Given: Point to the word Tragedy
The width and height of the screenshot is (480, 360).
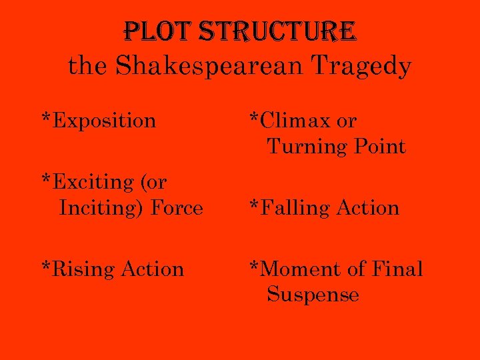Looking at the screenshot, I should click(363, 66).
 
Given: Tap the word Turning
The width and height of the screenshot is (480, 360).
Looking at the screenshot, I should click(299, 147).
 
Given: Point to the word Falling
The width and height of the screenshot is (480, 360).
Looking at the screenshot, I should click(296, 208).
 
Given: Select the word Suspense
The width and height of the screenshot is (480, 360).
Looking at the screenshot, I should click(313, 295).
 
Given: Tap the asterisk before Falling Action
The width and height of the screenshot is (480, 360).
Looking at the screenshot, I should click(253, 206).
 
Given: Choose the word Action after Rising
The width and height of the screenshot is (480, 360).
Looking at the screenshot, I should click(152, 269).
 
